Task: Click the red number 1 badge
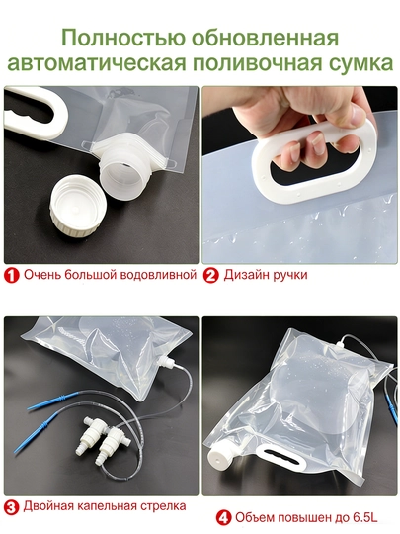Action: (x=12, y=275)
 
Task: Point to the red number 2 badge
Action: (x=211, y=275)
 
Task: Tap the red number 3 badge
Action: (x=12, y=507)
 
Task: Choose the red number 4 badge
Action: (x=223, y=518)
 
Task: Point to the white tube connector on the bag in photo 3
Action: (x=166, y=361)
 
